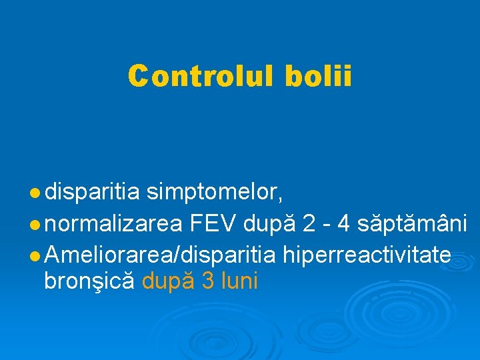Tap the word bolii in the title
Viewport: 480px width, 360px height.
click(318, 75)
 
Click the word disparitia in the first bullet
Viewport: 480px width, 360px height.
click(93, 193)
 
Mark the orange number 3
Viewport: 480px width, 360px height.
click(208, 281)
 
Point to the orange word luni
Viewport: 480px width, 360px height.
click(239, 281)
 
